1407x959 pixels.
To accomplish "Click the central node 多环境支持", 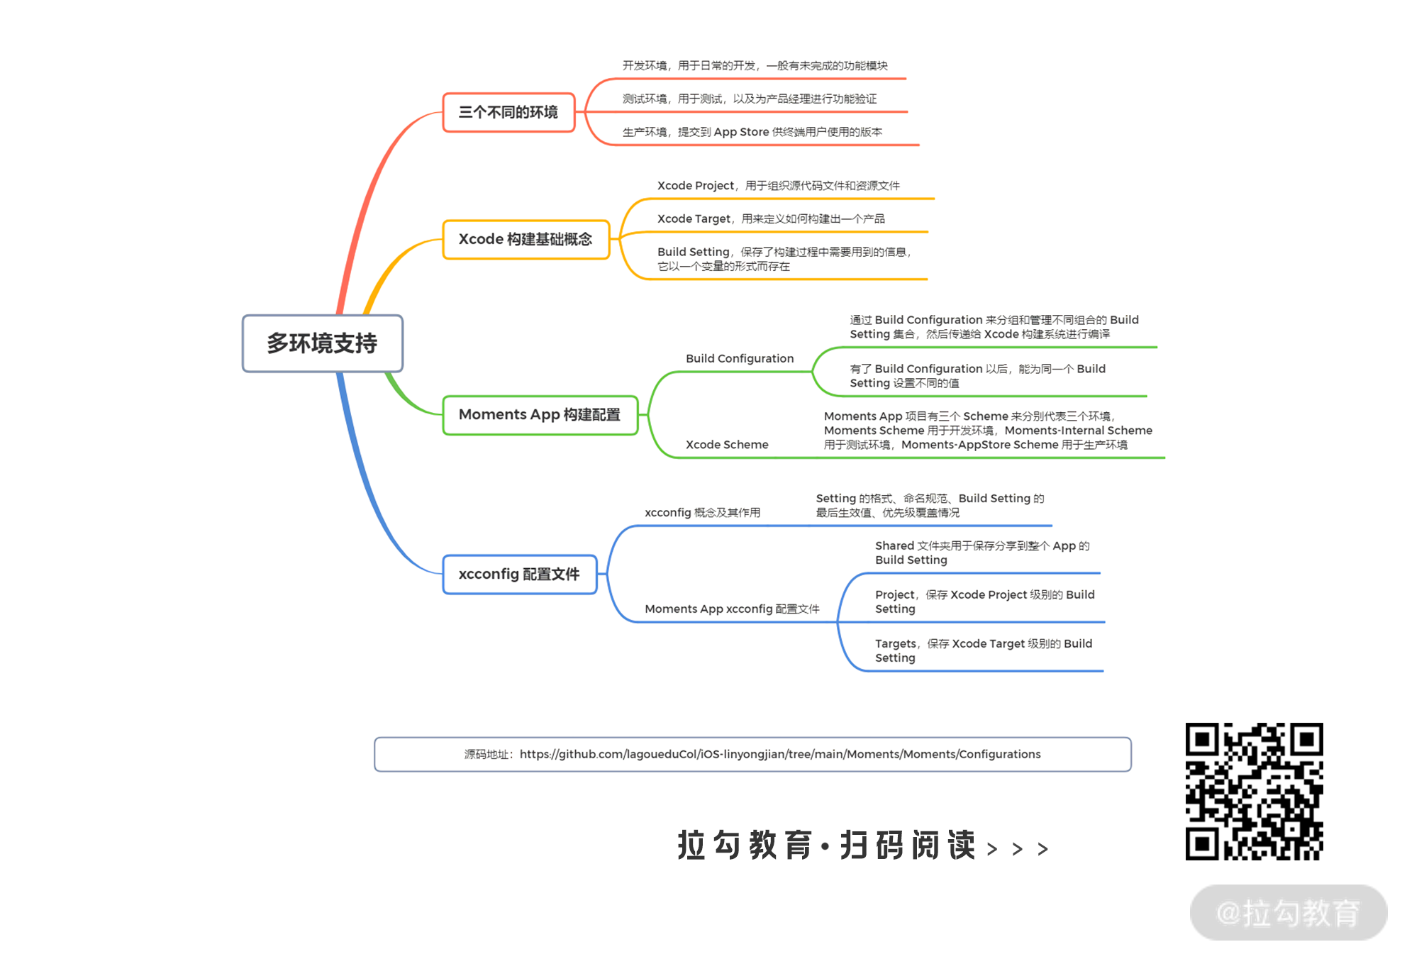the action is pos(322,343).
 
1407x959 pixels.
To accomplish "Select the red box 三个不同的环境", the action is pos(508,112).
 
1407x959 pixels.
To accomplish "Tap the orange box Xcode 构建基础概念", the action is pos(525,240).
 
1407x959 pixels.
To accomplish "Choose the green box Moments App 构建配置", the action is pos(540,415).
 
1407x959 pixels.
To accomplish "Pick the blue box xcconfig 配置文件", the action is pos(519,574).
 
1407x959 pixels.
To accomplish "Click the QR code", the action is pos(1254,791).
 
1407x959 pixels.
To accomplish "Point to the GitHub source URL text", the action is pos(779,754).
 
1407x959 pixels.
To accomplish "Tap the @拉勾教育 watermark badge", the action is pos(1288,912).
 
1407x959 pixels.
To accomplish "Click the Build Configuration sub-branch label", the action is pos(739,359).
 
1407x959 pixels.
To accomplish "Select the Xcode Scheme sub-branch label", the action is pos(726,445).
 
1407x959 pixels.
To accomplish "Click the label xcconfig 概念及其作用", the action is pos(702,512).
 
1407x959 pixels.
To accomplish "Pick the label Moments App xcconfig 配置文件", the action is pos(731,609).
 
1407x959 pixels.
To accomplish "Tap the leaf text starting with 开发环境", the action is pos(755,66).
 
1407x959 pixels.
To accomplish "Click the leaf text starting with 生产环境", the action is pos(752,132).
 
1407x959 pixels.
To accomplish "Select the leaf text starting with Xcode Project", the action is pos(778,186).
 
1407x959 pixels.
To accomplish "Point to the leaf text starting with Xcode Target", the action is pos(770,218).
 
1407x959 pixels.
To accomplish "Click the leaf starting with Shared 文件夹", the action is pos(981,553).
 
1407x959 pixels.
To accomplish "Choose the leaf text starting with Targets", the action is pos(983,650).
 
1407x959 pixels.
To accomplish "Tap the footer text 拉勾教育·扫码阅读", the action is pos(826,846).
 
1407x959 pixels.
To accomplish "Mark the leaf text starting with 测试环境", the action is pos(749,99).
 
